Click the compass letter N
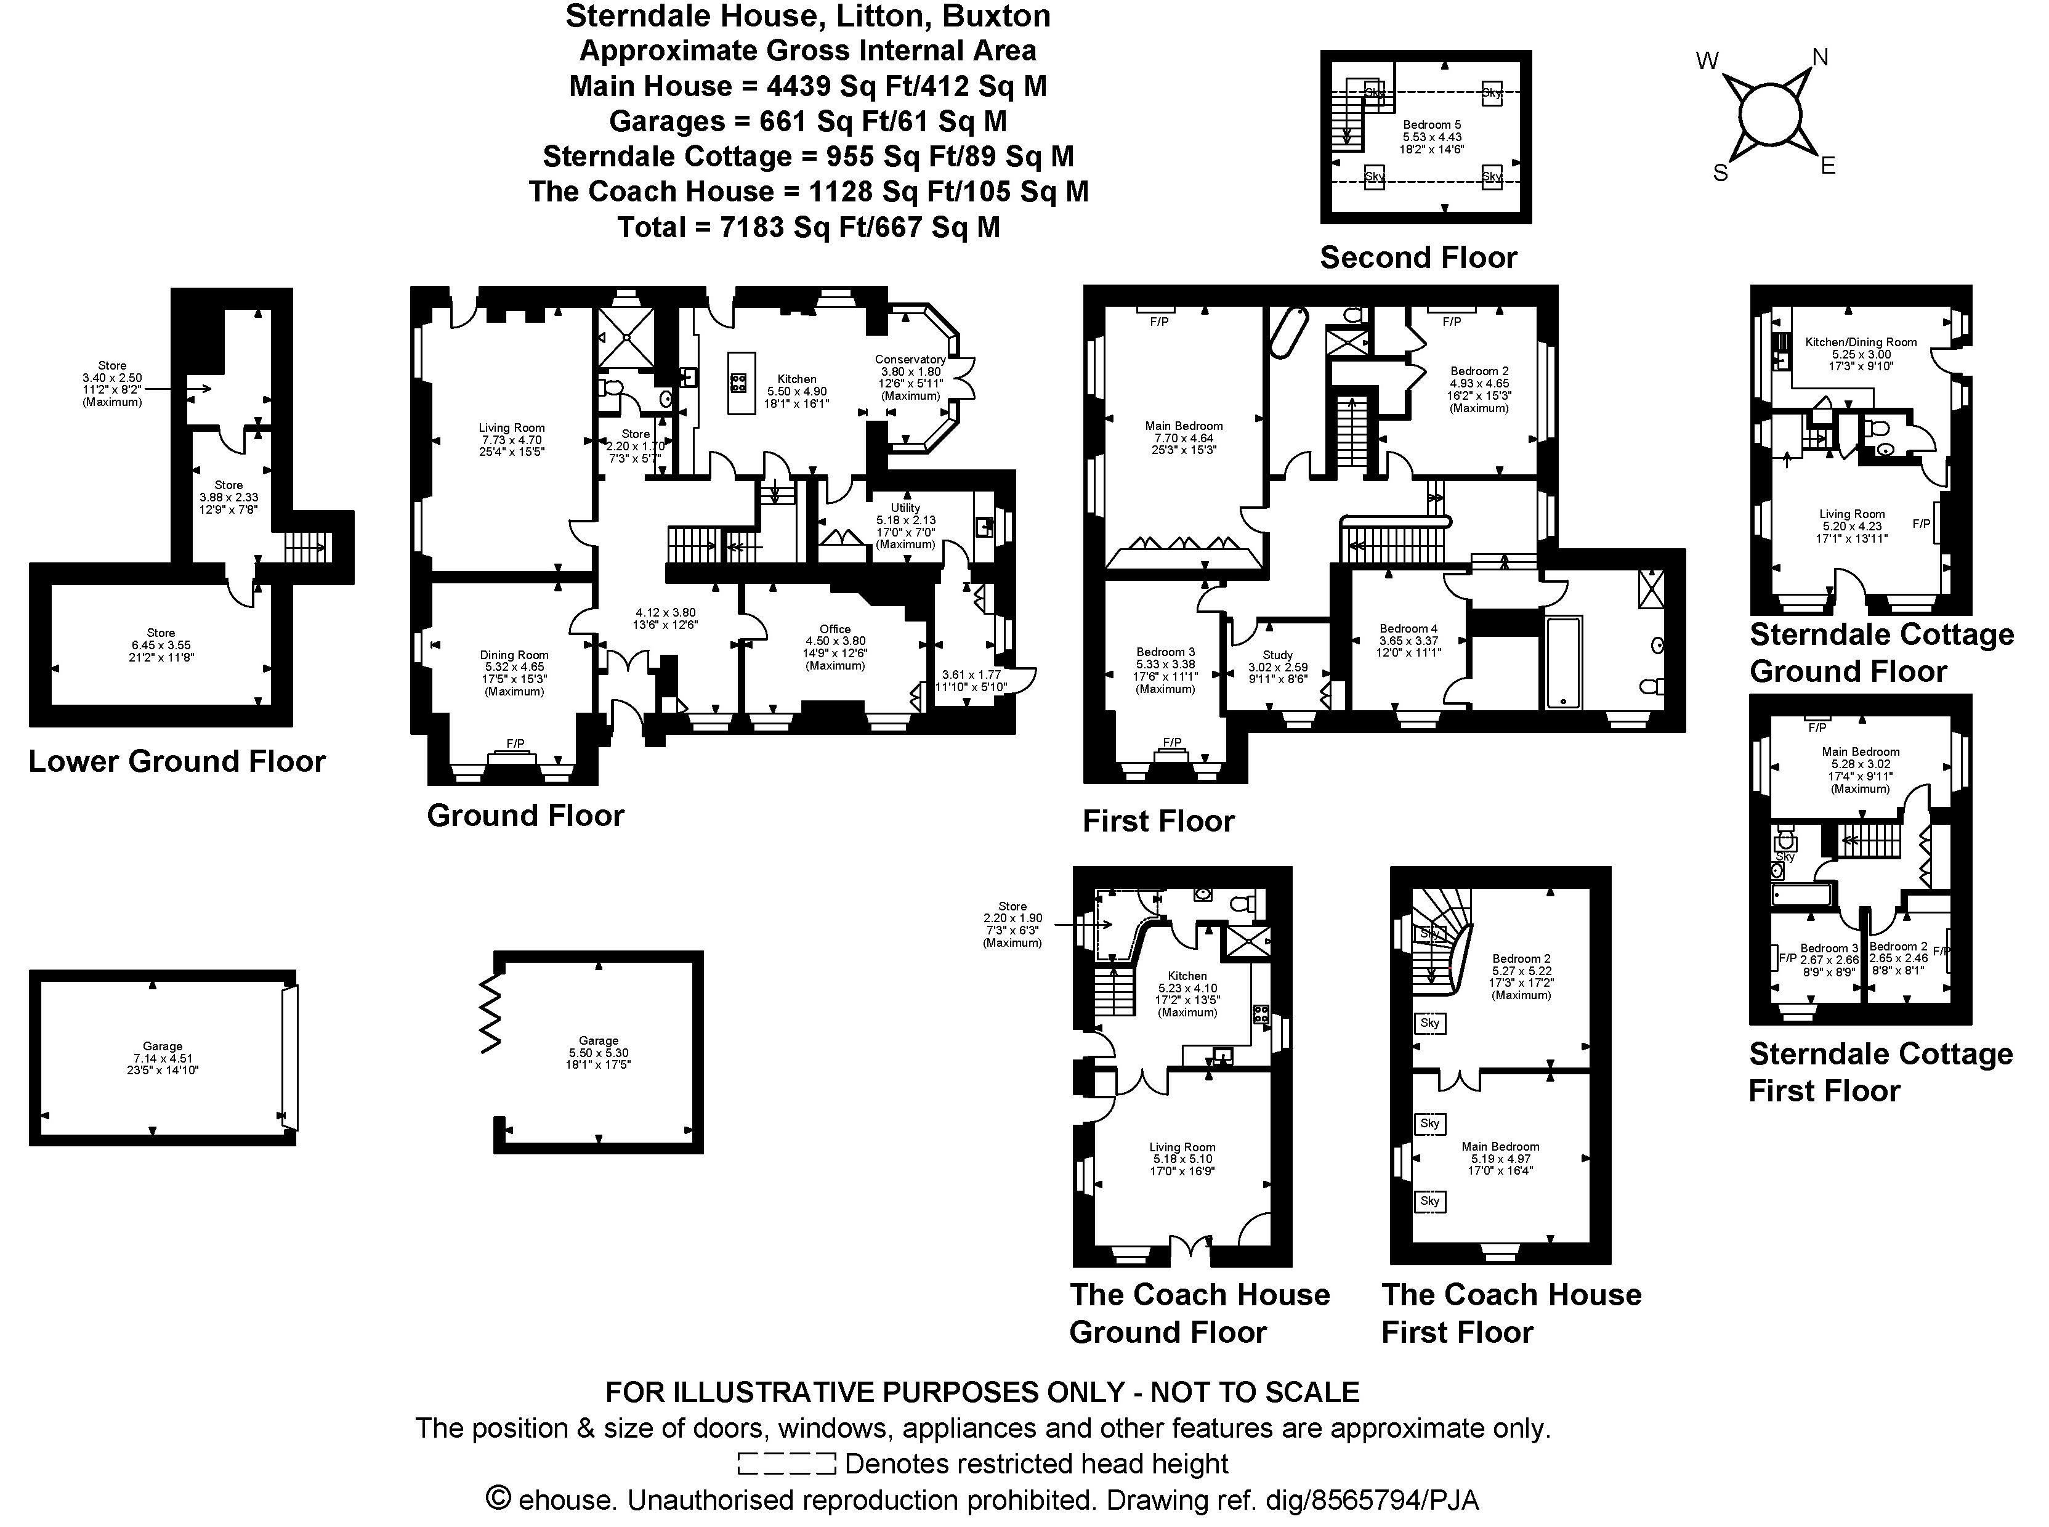[1820, 57]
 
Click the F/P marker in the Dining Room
[515, 743]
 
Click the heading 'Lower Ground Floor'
[177, 761]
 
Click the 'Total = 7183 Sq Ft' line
[808, 227]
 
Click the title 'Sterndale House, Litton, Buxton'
[808, 16]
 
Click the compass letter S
[1720, 173]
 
